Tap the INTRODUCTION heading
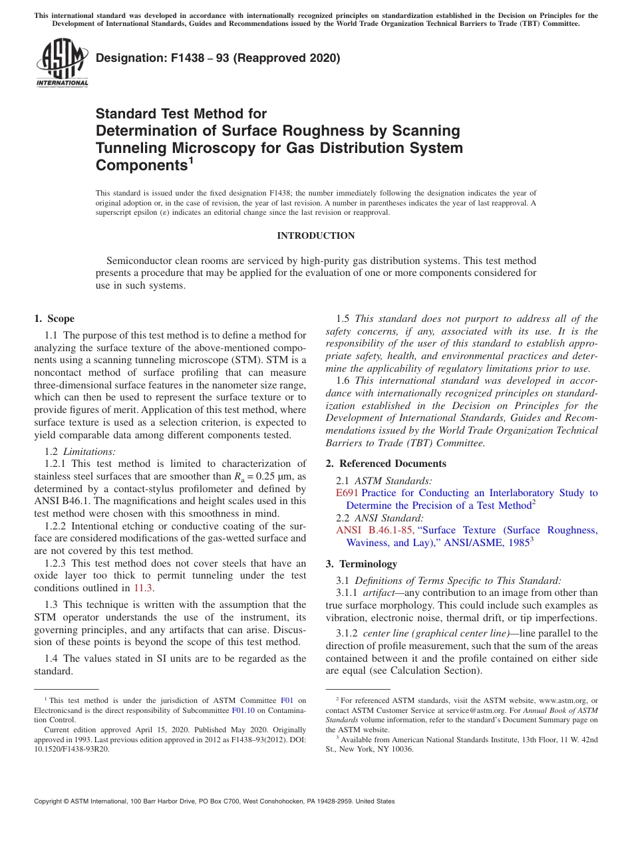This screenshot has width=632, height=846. (315, 235)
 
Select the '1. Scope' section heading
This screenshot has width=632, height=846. (55, 319)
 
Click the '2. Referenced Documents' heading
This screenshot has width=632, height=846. (386, 464)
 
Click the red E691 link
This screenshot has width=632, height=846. (347, 493)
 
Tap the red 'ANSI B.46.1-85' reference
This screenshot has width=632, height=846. (375, 530)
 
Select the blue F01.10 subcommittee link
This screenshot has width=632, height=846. (242, 710)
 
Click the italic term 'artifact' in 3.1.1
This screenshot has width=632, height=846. (378, 593)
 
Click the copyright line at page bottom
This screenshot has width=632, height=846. (214, 801)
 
